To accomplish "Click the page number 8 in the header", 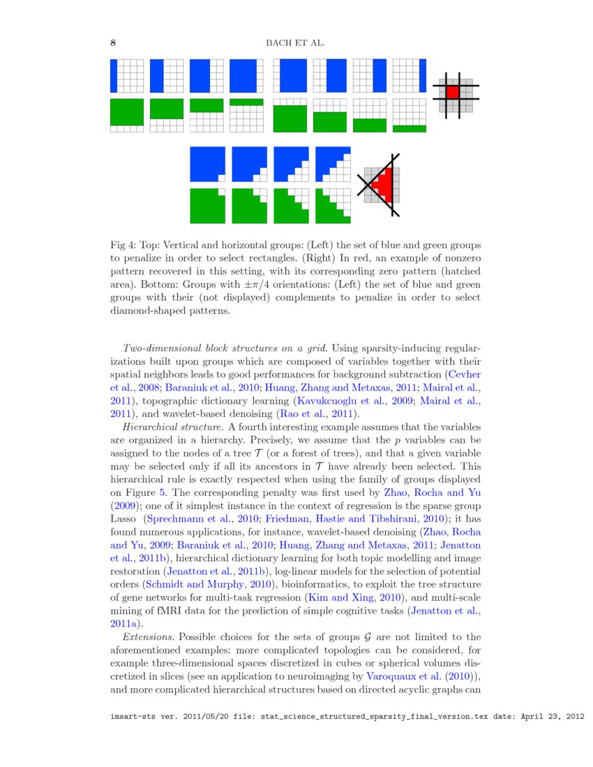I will coord(113,43).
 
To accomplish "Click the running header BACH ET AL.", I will coord(296,43).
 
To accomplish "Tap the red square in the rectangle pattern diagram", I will coord(453,91).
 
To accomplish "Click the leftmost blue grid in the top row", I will coord(127,76).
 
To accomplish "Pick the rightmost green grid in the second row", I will coord(410,116).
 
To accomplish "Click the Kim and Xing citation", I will coord(336,598).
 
